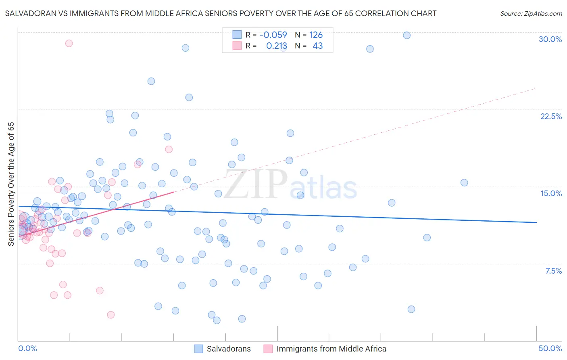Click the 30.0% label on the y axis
(550, 39)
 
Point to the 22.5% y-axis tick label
(551, 116)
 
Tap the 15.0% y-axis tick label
(551, 193)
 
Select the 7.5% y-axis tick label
(553, 271)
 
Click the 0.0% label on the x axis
(27, 348)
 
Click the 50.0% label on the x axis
(550, 348)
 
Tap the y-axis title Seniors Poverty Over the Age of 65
(11, 184)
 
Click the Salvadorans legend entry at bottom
(228, 349)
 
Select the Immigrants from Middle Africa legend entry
(331, 349)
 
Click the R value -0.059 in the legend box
(273, 35)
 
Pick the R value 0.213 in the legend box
(277, 46)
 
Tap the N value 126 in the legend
(316, 35)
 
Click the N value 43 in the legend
(318, 46)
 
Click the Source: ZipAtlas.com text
(531, 13)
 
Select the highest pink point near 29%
(69, 43)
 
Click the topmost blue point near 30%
(407, 35)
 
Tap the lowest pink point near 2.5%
(111, 315)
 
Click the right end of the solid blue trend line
(536, 222)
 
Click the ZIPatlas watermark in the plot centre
(290, 185)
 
